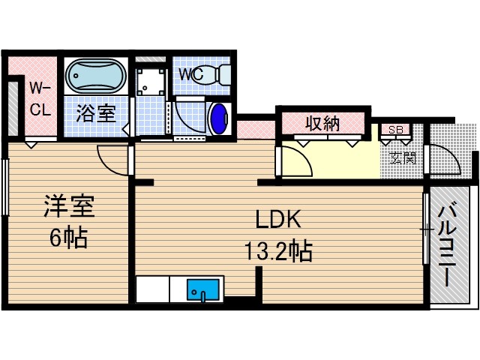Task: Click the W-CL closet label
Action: (x=40, y=98)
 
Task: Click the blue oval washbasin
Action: (x=219, y=118)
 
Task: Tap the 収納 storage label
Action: (x=322, y=124)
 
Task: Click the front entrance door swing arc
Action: (x=442, y=160)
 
